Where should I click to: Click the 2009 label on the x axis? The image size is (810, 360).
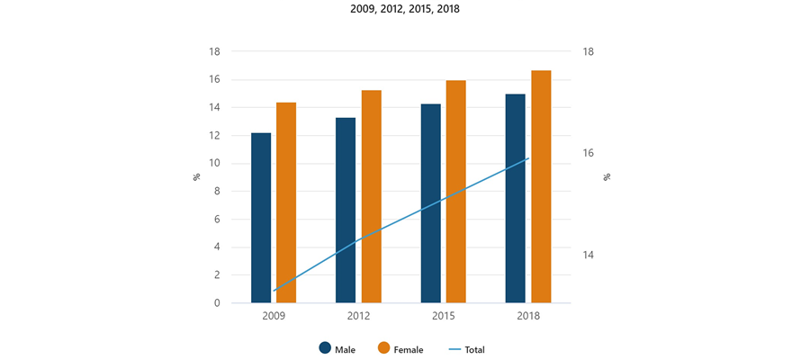click(274, 317)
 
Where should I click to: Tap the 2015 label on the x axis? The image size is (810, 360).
click(444, 317)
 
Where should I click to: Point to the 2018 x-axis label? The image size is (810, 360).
click(528, 317)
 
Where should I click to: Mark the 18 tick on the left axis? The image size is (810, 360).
click(215, 51)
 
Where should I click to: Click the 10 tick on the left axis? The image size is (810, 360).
click(215, 163)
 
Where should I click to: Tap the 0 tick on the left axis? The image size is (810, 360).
click(218, 303)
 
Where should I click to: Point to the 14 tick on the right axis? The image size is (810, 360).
click(586, 255)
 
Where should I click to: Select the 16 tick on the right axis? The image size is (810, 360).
click(586, 153)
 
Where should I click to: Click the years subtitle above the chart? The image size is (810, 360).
click(405, 10)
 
